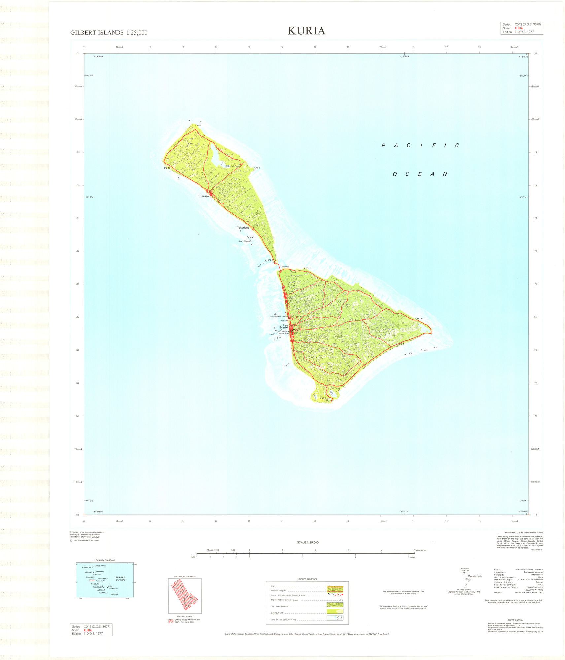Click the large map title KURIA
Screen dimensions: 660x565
(x=306, y=31)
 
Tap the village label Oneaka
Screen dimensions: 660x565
(x=204, y=196)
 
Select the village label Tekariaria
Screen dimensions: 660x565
(x=243, y=228)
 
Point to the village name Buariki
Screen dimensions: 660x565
(x=283, y=328)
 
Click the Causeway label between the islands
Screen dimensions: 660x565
(x=285, y=267)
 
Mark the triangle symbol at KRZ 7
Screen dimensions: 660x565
(x=304, y=269)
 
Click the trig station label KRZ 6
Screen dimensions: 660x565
(x=419, y=318)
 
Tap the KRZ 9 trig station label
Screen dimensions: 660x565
(x=257, y=168)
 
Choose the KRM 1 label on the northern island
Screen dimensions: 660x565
(x=191, y=144)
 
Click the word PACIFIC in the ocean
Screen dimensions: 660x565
(x=420, y=145)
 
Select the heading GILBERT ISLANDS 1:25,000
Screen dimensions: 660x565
(x=109, y=33)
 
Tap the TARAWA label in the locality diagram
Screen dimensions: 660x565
(x=98, y=574)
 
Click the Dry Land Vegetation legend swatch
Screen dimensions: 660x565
(x=335, y=605)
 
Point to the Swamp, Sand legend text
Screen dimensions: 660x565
(x=277, y=613)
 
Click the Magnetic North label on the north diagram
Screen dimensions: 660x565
(x=475, y=576)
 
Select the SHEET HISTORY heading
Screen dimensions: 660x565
(x=515, y=620)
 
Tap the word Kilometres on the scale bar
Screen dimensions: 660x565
(x=421, y=550)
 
